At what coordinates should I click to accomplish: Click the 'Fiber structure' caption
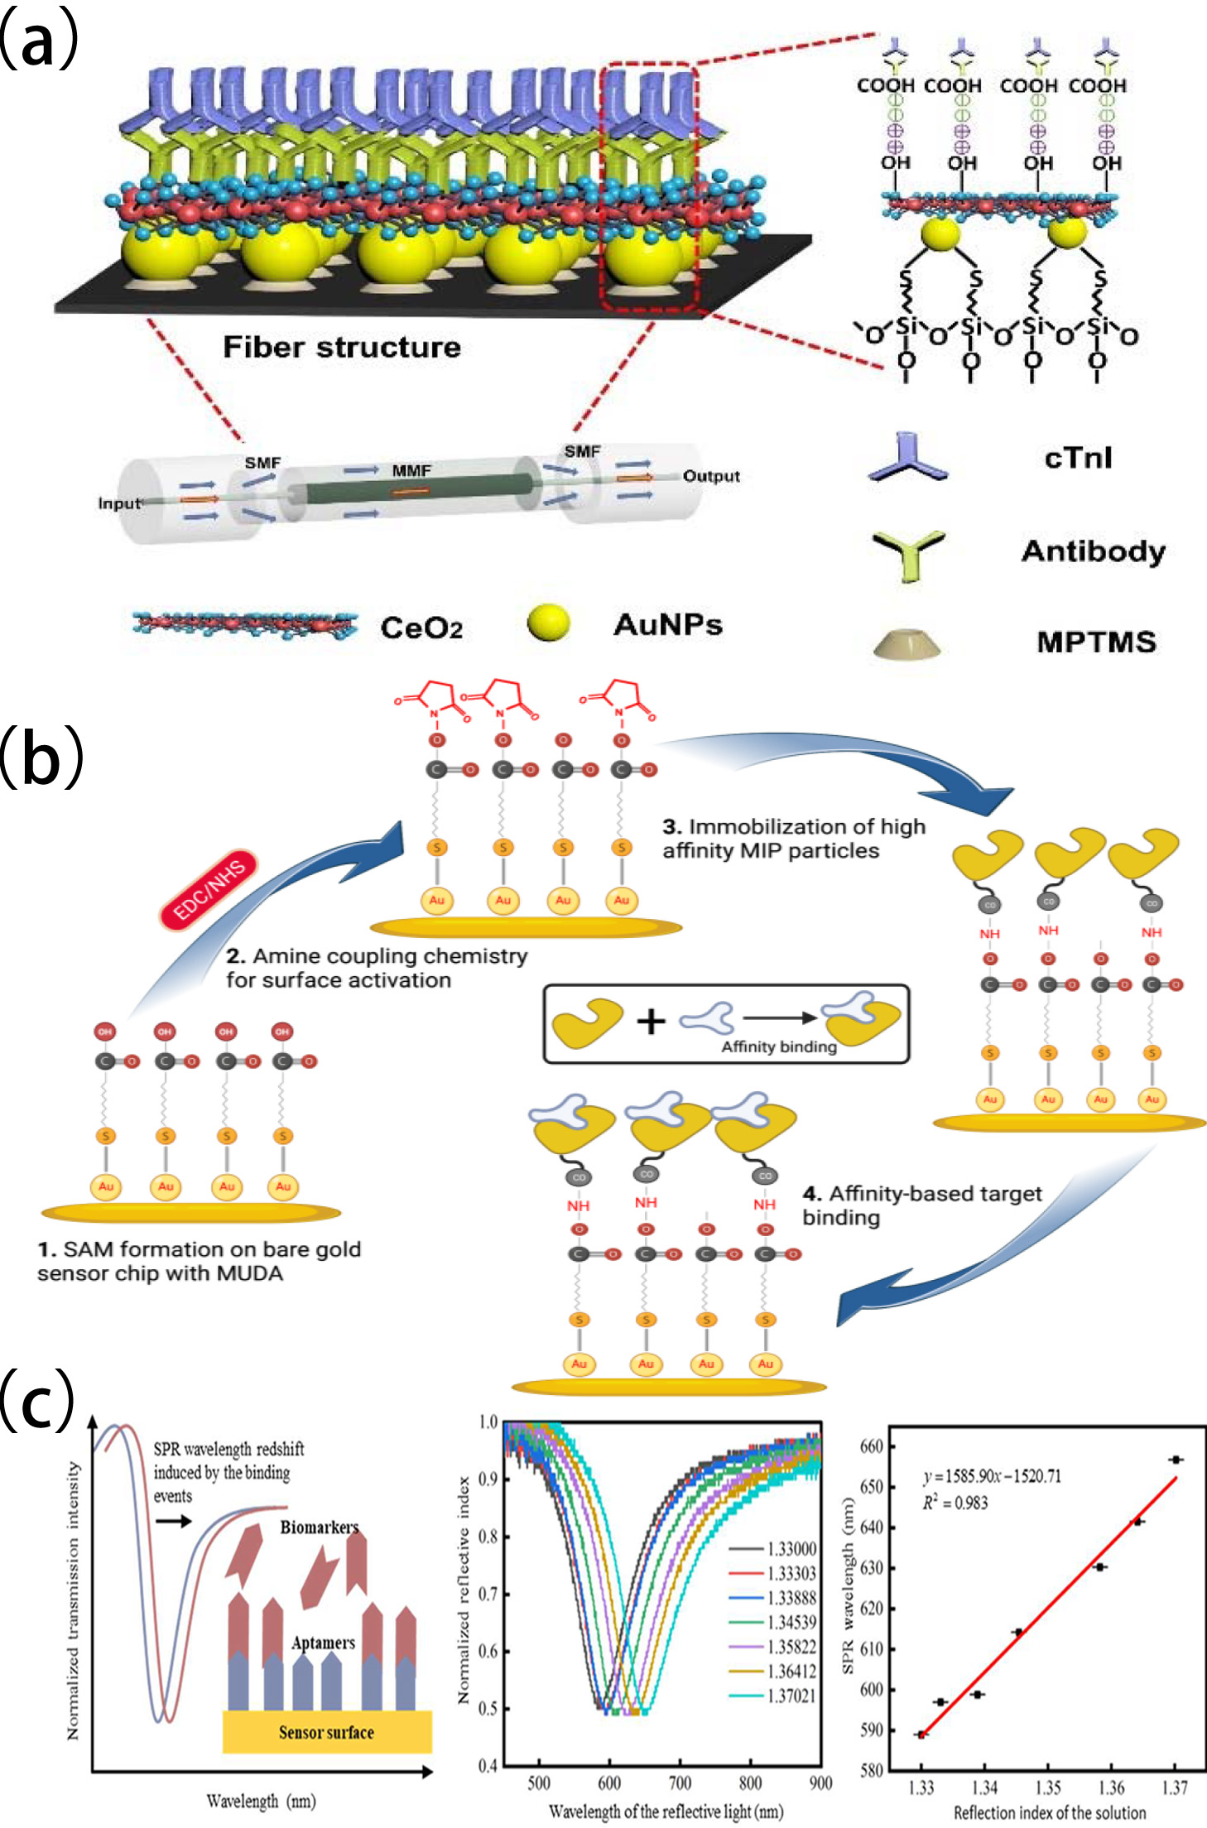point(341,347)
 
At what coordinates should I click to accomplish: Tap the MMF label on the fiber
point(411,470)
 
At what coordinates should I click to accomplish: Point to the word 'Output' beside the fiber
point(710,476)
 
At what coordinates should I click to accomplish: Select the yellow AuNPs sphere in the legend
point(548,623)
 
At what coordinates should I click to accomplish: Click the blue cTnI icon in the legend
point(908,457)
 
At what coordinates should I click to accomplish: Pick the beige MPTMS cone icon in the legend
point(906,643)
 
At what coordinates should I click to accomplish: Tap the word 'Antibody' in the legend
point(1093,551)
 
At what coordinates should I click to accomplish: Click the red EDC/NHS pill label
point(209,889)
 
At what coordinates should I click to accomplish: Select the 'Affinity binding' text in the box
point(778,1046)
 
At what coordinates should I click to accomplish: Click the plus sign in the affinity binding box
point(651,1021)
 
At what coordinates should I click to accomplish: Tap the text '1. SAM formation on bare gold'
point(199,1248)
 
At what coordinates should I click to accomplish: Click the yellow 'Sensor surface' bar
point(326,1732)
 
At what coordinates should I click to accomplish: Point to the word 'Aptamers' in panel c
point(323,1643)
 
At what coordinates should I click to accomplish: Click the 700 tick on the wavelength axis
point(680,1782)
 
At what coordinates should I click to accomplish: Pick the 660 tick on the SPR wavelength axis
point(872,1446)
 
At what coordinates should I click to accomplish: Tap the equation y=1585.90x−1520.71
point(992,1476)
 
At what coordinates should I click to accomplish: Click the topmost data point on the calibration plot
point(1176,1460)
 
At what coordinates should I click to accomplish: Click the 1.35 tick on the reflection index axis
point(1048,1788)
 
